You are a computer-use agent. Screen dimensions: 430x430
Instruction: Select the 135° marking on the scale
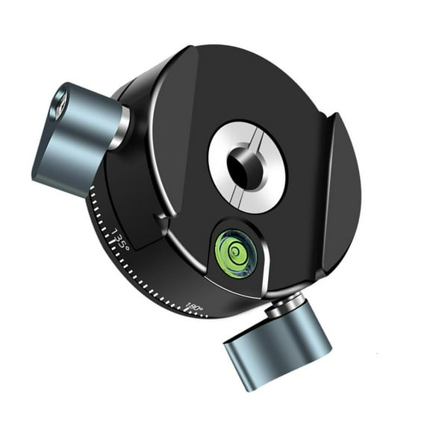120,240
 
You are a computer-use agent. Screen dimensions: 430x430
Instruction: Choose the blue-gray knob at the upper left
75,138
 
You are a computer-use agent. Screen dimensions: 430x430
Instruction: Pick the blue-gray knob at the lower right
278,344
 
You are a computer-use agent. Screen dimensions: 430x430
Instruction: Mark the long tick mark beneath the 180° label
187,313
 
